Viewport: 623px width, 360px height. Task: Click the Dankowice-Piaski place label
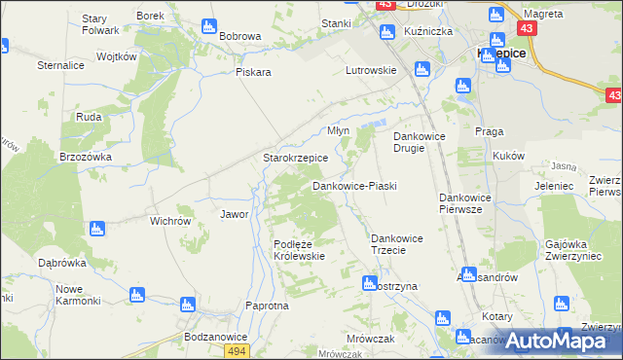pyautogui.click(x=354, y=186)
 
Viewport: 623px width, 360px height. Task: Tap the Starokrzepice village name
pyautogui.click(x=296, y=158)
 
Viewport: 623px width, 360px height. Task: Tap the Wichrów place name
pyautogui.click(x=169, y=221)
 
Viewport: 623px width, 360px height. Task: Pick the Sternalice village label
pyautogui.click(x=60, y=65)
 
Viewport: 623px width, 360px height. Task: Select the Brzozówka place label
pyautogui.click(x=86, y=156)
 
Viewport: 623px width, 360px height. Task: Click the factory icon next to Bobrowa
pyautogui.click(x=207, y=26)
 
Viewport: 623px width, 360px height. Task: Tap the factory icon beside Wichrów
pyautogui.click(x=95, y=229)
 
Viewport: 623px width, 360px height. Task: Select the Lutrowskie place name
pyautogui.click(x=372, y=70)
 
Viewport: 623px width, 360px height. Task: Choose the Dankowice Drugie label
pyautogui.click(x=419, y=142)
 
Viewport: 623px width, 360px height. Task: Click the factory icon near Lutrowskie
pyautogui.click(x=421, y=69)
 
